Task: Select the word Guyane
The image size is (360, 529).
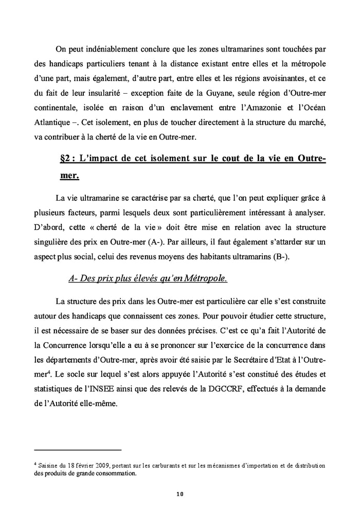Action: (246, 109)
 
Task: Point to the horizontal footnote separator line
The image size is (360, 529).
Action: (77, 449)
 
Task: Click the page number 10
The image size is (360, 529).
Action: (179, 495)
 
